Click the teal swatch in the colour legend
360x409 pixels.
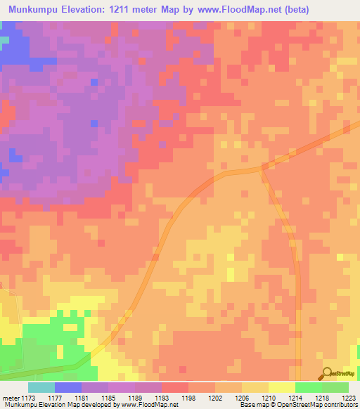(x=41, y=387)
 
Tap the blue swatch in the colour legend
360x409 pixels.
(x=68, y=387)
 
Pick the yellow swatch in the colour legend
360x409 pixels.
(x=281, y=387)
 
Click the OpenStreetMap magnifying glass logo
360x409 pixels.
(x=327, y=374)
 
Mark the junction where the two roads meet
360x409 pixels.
(x=264, y=167)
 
